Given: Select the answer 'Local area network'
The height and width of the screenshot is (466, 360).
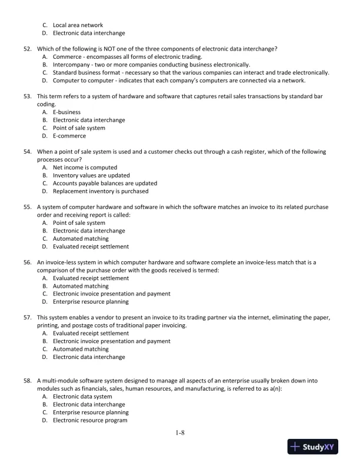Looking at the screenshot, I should (x=78, y=25).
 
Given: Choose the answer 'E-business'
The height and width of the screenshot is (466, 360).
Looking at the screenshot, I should (x=66, y=112).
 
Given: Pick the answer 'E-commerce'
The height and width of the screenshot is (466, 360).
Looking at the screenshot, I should (x=69, y=136).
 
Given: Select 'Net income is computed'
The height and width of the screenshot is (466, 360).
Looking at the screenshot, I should (x=85, y=167).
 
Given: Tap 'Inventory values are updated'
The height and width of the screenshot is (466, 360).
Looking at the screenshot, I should (x=91, y=175).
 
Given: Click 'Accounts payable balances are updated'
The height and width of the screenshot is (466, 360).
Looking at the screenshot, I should (x=105, y=183).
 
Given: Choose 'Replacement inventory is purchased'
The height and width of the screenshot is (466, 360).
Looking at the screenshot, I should (x=101, y=191).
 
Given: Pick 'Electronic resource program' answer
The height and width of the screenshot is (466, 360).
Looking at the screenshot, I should (x=89, y=421).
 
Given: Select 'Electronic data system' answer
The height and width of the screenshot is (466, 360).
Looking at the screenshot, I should (x=82, y=397).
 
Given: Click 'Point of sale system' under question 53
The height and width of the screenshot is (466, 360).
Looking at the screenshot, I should (x=79, y=128).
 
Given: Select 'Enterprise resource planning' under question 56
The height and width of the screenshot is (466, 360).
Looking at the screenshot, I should (x=91, y=302).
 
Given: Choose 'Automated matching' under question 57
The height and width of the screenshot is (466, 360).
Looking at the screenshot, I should (x=81, y=349).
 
